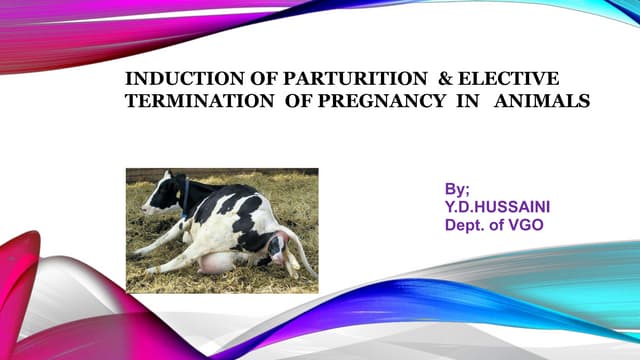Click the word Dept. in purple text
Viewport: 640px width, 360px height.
pos(468,225)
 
